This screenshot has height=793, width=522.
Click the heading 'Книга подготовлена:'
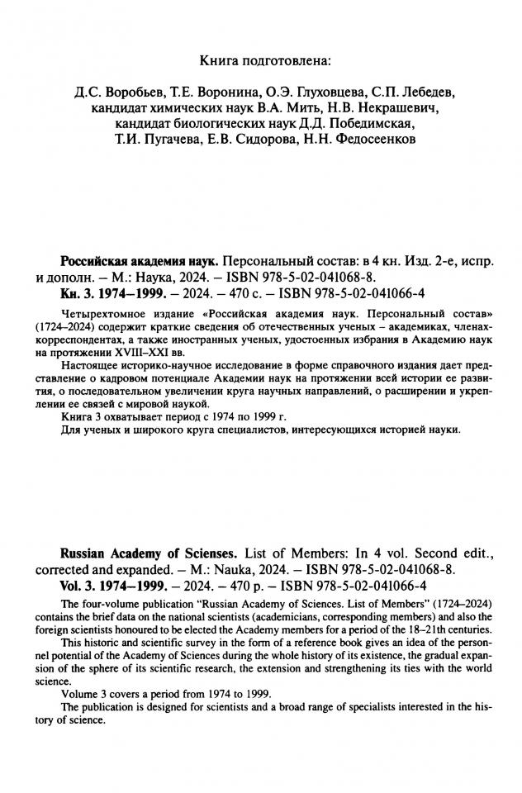click(x=262, y=59)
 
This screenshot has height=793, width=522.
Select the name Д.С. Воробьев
click(x=105, y=91)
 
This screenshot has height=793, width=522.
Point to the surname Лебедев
click(x=425, y=91)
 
